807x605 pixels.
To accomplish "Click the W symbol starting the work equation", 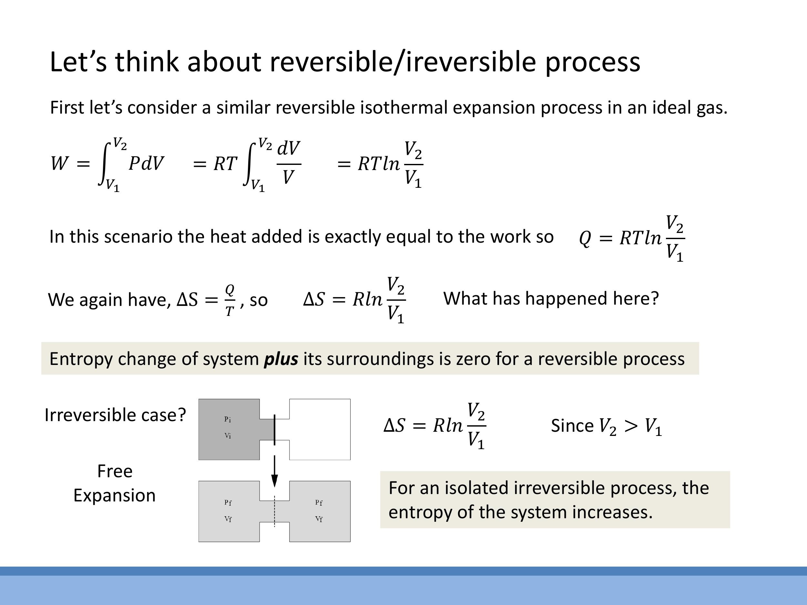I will tap(59, 163).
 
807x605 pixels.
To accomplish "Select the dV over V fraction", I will tap(289, 163).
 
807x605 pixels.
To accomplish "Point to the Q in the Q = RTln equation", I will tap(585, 239).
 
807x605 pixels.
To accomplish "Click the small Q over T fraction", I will tap(230, 300).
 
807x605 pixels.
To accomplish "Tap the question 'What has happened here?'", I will tap(551, 298).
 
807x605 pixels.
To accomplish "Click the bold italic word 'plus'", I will tap(281, 359).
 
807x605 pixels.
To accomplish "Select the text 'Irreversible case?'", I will tap(115, 415).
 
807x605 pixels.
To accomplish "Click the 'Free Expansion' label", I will tap(115, 483).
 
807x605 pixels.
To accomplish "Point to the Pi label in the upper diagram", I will tap(228, 419).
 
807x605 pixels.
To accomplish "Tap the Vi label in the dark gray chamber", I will tap(228, 436).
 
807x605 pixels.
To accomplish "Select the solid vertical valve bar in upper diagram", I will tap(274, 429).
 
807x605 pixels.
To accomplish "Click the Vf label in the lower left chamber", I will tap(228, 519).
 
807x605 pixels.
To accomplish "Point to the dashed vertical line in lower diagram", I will tap(274, 510).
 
